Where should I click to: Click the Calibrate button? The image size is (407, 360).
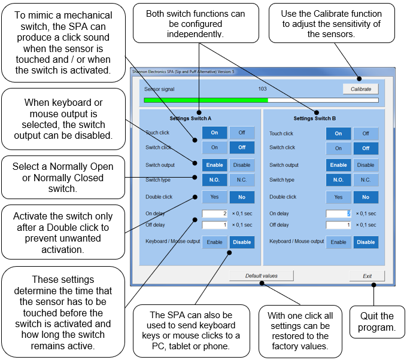click(x=361, y=89)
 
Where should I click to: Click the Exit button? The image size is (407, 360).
click(x=367, y=276)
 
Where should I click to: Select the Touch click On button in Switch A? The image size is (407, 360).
click(x=214, y=133)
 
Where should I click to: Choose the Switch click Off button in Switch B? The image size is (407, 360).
click(x=365, y=148)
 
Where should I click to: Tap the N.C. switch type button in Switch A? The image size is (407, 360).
click(x=242, y=179)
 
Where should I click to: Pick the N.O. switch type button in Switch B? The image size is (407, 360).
click(x=338, y=179)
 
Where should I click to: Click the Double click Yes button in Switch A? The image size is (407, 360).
click(x=214, y=197)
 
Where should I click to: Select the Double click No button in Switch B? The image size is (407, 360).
click(x=365, y=197)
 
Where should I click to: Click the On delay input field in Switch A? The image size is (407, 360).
click(x=215, y=213)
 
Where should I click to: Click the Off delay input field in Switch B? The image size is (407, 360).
click(x=338, y=225)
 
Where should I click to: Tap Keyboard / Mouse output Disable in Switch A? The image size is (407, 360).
click(x=242, y=242)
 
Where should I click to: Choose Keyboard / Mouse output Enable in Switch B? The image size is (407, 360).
click(x=338, y=242)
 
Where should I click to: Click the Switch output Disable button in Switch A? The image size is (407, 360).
click(x=242, y=165)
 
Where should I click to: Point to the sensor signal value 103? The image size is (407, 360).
click(x=262, y=89)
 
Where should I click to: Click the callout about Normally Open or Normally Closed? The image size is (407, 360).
click(x=58, y=178)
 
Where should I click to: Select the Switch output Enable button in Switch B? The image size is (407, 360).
click(x=338, y=165)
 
